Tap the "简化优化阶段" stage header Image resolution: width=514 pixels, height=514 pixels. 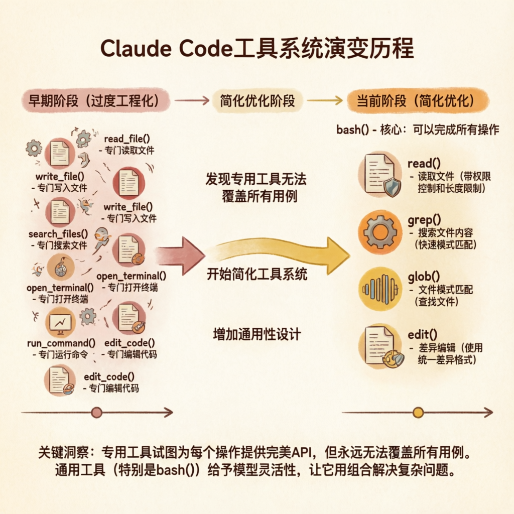tap(257, 100)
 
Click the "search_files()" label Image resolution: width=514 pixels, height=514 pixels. tap(58, 233)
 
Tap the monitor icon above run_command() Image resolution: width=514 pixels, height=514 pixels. tap(60, 322)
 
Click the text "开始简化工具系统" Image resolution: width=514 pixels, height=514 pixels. tap(257, 275)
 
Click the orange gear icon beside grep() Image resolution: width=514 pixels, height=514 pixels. tap(380, 231)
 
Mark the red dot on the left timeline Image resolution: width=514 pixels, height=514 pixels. tap(96, 413)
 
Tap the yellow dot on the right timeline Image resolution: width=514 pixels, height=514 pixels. tap(418, 413)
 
